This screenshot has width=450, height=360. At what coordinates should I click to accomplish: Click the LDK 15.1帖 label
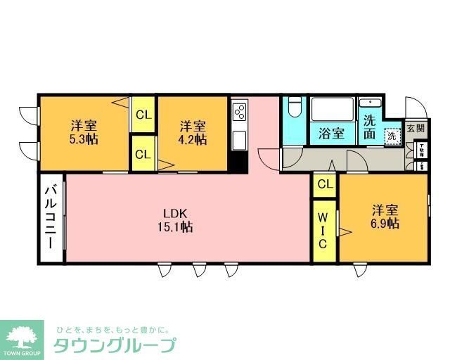178,220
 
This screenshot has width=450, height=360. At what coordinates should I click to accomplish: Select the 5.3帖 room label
83,133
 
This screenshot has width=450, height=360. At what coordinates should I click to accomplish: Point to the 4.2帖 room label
192,133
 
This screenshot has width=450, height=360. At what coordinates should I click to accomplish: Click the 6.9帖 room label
385,217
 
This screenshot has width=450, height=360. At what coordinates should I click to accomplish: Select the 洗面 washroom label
370,127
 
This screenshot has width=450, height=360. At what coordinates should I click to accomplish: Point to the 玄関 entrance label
416,129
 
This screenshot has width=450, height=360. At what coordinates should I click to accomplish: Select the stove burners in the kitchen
240,112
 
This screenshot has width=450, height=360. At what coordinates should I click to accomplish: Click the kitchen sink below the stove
240,138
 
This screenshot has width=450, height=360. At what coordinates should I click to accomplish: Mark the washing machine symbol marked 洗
392,135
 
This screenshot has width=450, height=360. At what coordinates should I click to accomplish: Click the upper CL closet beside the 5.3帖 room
143,115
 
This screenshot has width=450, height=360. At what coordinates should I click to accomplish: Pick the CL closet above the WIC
324,185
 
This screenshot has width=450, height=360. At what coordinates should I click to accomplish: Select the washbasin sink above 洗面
370,105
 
